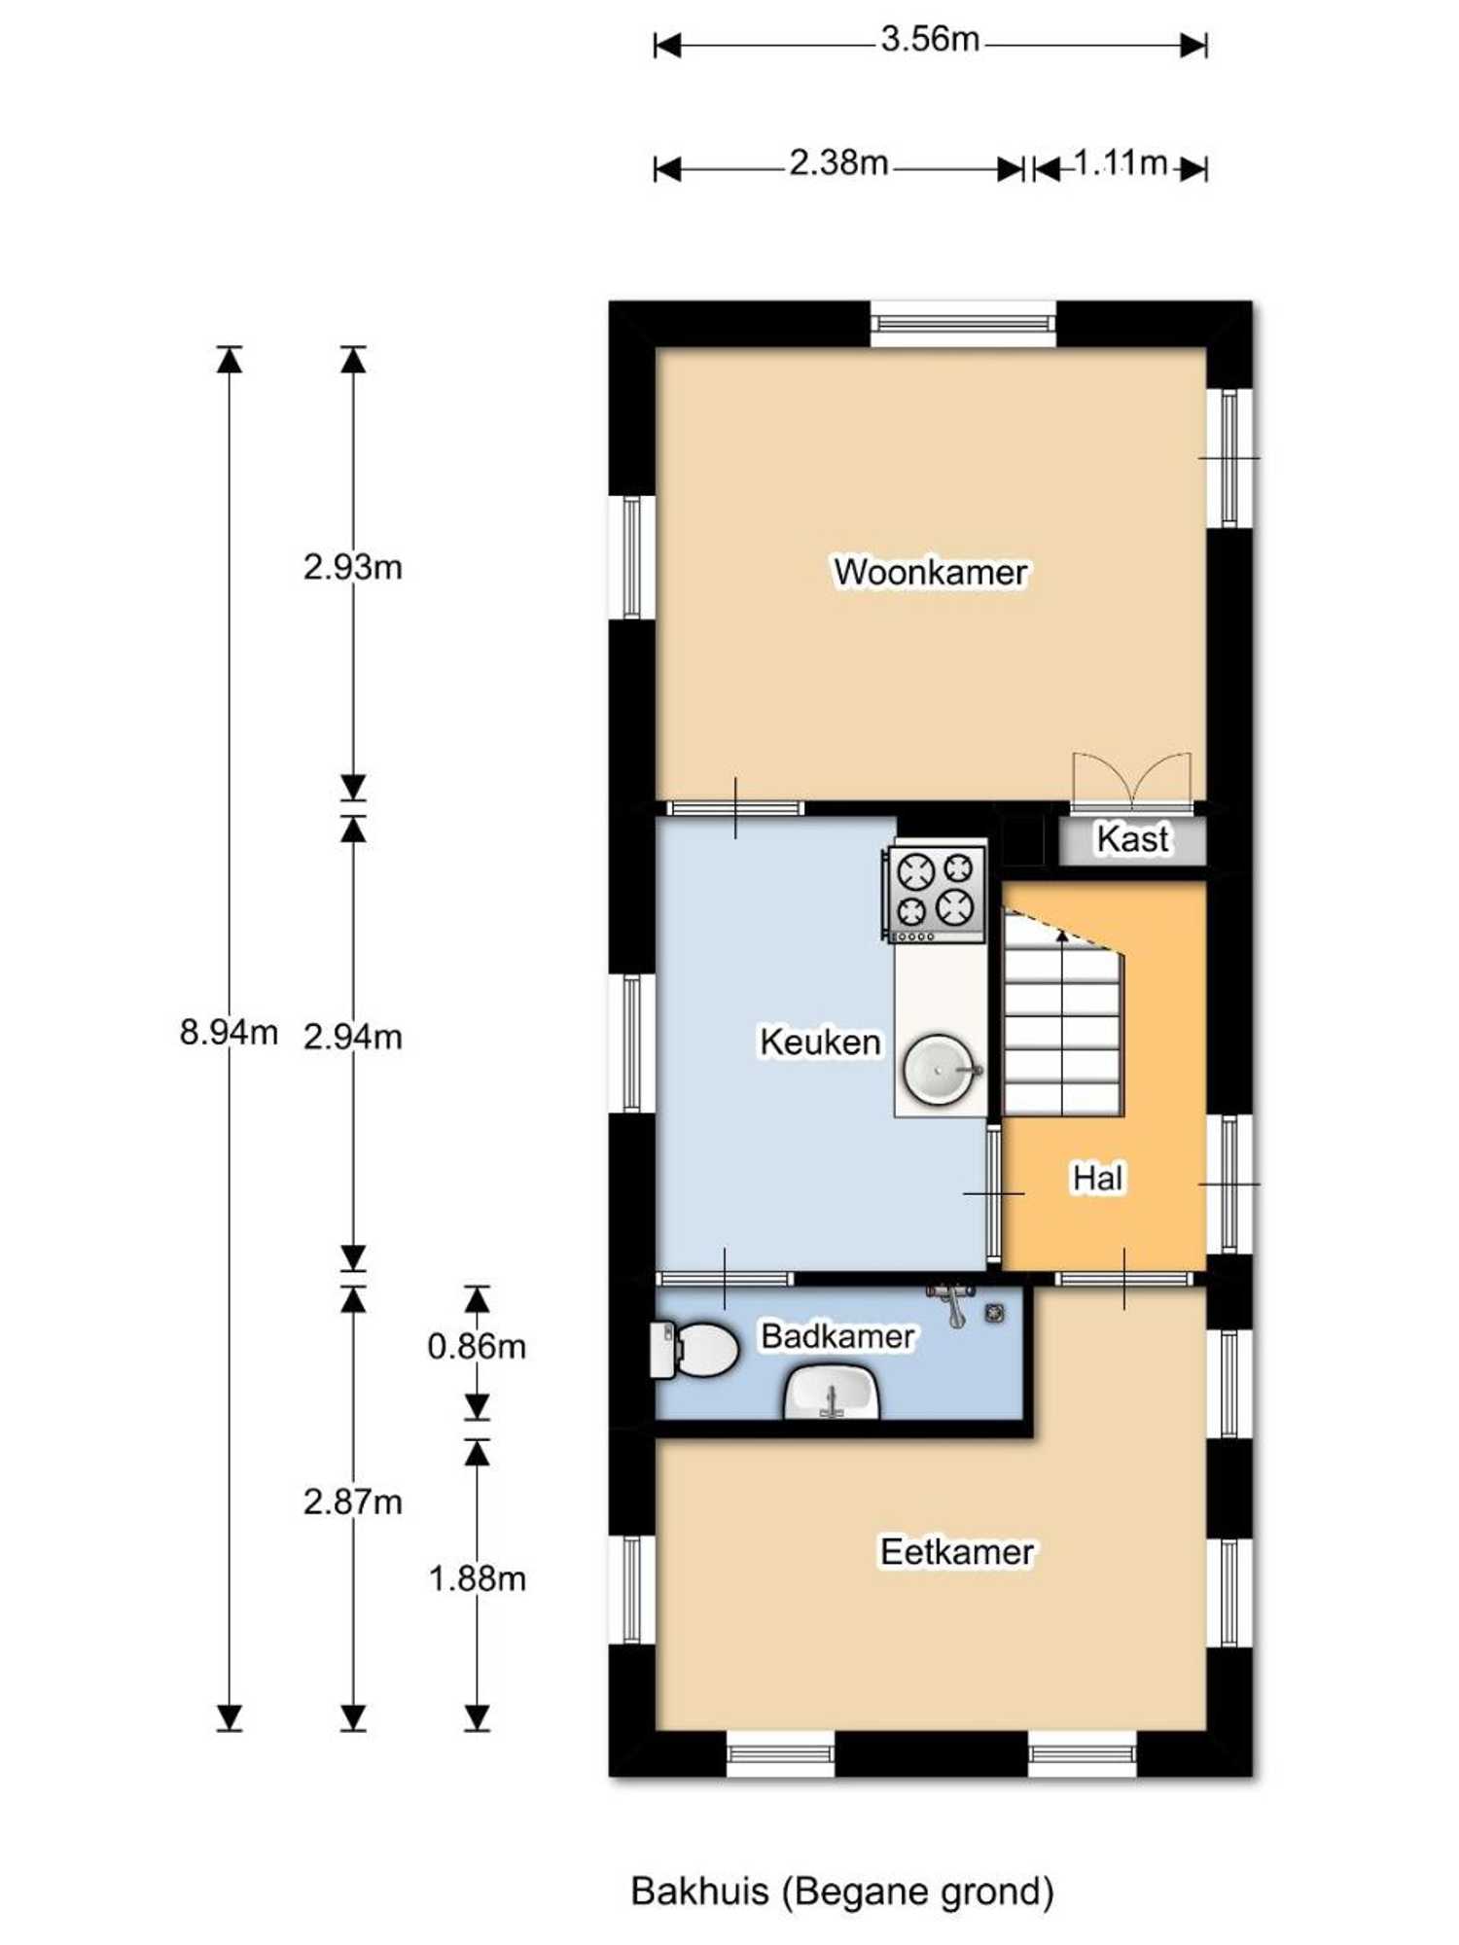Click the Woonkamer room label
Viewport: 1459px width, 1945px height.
[930, 572]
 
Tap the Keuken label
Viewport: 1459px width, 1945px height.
[820, 1042]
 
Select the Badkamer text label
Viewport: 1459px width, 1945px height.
[837, 1336]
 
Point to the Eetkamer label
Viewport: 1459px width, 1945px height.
[957, 1552]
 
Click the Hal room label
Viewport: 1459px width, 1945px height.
[1098, 1178]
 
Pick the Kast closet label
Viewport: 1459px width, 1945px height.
[1133, 838]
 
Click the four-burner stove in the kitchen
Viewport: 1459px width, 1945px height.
[934, 894]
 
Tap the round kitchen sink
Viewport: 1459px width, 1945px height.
[940, 1069]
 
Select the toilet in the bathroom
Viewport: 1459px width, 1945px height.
[693, 1350]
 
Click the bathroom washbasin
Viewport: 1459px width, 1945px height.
[832, 1392]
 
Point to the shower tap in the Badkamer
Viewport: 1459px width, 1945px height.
[952, 1302]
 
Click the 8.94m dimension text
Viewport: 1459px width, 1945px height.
[229, 1031]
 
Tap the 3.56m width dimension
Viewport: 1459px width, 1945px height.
[930, 39]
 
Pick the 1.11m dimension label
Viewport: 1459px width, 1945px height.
[1121, 162]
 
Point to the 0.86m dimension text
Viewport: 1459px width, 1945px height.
[477, 1346]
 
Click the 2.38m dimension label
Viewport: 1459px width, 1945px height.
[838, 162]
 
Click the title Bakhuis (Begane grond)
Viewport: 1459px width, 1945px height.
[842, 1892]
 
